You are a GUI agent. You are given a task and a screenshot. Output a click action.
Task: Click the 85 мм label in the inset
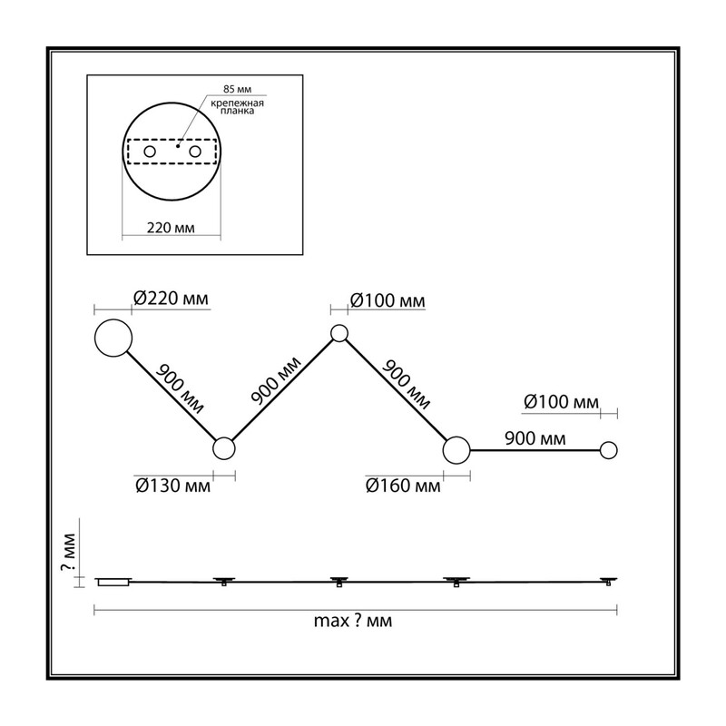pyautogui.click(x=237, y=89)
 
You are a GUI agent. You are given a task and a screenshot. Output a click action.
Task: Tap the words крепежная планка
pyautogui.click(x=237, y=107)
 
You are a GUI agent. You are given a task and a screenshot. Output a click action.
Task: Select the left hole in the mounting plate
pyautogui.click(x=150, y=152)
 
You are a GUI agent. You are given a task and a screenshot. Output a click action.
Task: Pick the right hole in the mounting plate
pyautogui.click(x=195, y=152)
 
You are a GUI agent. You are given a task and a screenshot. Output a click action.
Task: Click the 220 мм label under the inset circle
pyautogui.click(x=171, y=228)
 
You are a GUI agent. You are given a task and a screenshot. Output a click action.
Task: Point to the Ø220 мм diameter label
pyautogui.click(x=171, y=299)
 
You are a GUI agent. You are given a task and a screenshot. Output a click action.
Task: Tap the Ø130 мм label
pyautogui.click(x=172, y=486)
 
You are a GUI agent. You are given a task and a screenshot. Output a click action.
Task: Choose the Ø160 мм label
pyautogui.click(x=403, y=486)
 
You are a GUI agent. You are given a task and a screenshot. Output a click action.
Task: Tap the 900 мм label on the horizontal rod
pyautogui.click(x=535, y=438)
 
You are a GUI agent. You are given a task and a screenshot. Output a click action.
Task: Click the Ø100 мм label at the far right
pyautogui.click(x=561, y=402)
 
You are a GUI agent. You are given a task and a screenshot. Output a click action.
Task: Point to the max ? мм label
pyautogui.click(x=353, y=621)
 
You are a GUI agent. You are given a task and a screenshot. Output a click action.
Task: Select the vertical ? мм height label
pyautogui.click(x=69, y=552)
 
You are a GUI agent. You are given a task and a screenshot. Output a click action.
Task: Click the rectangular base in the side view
pyautogui.click(x=113, y=582)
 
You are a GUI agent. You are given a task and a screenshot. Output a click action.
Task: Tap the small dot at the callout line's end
pyautogui.click(x=178, y=146)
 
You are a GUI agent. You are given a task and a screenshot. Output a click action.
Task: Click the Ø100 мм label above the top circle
pyautogui.click(x=388, y=301)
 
